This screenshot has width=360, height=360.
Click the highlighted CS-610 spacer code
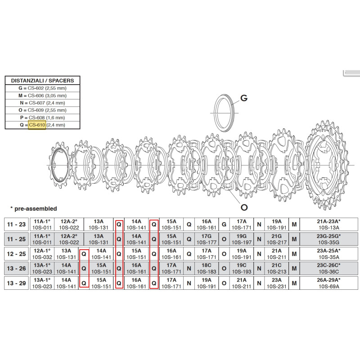(37, 125)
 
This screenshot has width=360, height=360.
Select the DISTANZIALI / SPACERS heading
(42, 81)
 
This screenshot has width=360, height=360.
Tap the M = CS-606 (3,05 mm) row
(42, 95)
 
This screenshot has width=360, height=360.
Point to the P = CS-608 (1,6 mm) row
(42, 117)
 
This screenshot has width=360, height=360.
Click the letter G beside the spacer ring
(244, 98)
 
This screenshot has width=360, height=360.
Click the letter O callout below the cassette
(244, 207)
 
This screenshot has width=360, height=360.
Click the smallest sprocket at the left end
(59, 165)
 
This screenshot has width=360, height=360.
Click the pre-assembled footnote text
(33, 209)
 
